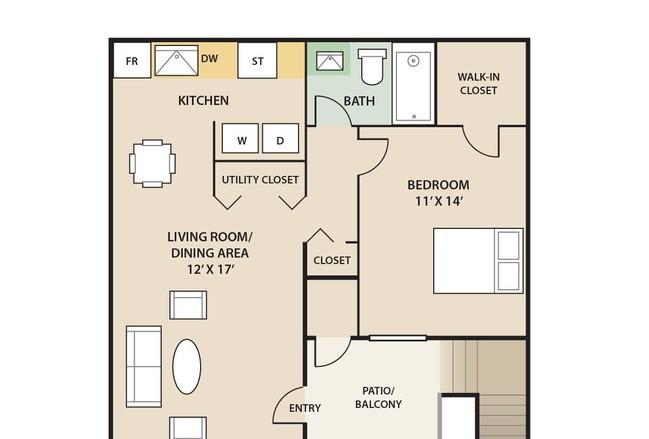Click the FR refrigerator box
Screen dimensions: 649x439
[132, 60]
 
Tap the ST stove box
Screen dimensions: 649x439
[257, 60]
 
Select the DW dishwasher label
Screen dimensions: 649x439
[209, 58]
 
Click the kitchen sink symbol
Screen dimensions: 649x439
[176, 60]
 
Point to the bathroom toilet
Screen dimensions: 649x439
[372, 66]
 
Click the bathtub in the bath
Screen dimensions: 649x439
[413, 84]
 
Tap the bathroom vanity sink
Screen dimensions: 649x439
[330, 61]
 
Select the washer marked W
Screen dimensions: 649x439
[240, 139]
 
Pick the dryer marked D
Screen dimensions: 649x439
[280, 139]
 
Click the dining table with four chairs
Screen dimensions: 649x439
[152, 163]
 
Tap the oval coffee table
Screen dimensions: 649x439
[187, 367]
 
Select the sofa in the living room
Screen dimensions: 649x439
[144, 367]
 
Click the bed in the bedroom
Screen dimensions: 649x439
[478, 261]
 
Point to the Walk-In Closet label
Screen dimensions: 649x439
[478, 84]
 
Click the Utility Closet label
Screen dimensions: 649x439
[260, 180]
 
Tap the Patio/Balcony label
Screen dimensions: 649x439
[378, 397]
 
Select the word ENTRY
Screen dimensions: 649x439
[305, 408]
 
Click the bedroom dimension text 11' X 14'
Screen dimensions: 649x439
[438, 202]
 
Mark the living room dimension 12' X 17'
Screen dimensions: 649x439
[210, 270]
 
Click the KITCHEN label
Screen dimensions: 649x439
[203, 101]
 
